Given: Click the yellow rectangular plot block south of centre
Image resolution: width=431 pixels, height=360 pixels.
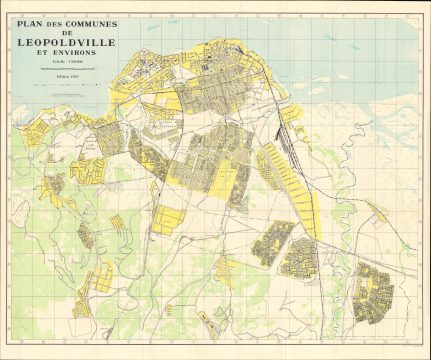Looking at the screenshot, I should pyautogui.click(x=170, y=220).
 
